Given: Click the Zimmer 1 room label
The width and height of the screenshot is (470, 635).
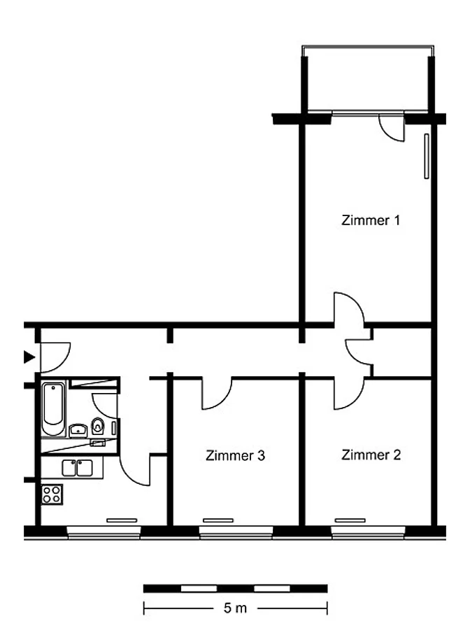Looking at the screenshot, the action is (370, 220).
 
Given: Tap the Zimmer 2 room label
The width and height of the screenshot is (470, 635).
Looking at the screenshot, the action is (371, 455).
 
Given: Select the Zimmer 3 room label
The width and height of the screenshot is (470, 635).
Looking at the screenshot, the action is (236, 455).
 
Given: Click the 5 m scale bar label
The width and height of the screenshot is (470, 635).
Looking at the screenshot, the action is (235, 608).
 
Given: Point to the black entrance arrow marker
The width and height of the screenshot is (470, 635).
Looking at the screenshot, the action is (29, 357).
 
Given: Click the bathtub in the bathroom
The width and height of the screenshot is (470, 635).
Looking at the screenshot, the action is (53, 408).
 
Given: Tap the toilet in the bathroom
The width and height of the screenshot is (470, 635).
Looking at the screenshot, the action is (98, 426).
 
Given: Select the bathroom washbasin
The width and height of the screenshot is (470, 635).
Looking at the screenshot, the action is (78, 430).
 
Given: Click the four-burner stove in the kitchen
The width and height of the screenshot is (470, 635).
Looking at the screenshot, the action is (52, 494).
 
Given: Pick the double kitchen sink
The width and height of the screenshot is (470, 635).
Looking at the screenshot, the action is (77, 468).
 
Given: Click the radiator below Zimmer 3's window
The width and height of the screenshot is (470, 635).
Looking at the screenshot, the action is (218, 520).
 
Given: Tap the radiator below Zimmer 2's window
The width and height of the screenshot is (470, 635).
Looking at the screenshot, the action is (350, 520).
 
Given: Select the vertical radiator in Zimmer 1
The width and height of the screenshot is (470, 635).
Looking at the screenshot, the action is (426, 156).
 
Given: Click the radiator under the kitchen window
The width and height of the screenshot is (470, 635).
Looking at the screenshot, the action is (122, 520).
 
